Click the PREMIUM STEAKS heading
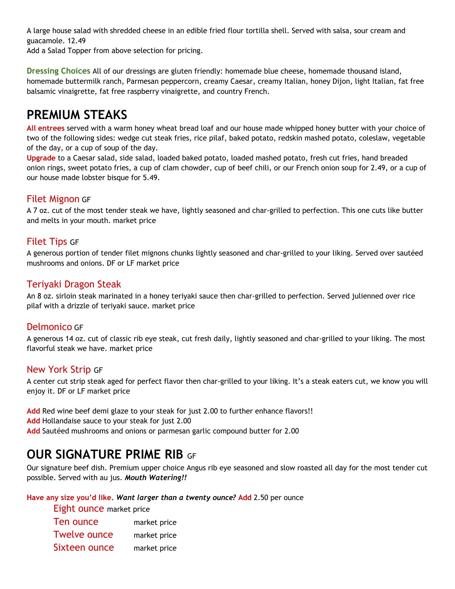point(77,115)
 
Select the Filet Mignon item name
point(53,199)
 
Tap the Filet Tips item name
point(47,242)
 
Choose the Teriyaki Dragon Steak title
point(74,284)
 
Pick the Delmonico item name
point(49,327)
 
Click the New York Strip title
point(59,369)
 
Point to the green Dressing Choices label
point(58,71)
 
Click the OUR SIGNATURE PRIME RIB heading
point(105,454)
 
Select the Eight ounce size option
point(78,508)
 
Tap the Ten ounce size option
point(76,522)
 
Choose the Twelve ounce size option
point(83,534)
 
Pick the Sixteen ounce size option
point(83,547)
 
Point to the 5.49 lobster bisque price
point(151,178)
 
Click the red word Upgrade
point(41,158)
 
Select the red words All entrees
point(45,128)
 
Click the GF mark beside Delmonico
point(79,328)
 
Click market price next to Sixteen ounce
point(155,548)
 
